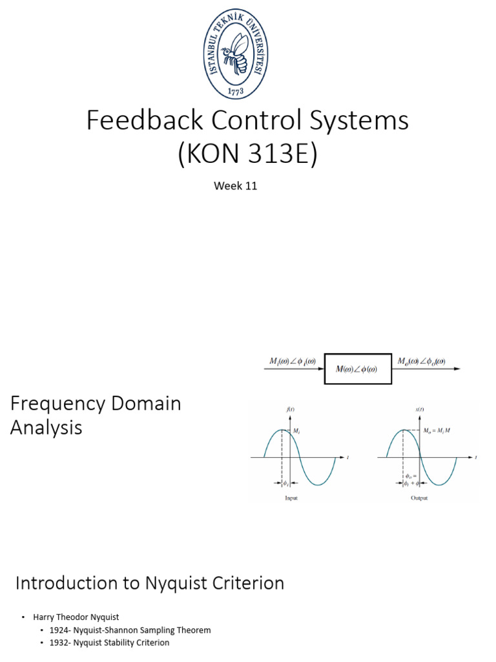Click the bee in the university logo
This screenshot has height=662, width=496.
point(236,52)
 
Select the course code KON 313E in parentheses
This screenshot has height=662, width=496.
point(248,155)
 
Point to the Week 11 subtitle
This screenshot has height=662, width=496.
point(236,186)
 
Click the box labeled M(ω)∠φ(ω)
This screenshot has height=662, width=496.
point(358,369)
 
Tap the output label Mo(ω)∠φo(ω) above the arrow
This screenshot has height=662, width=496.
point(420,361)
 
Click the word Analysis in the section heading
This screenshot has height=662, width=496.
point(46,427)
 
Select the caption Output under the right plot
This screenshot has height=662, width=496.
point(419,498)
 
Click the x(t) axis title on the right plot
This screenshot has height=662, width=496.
point(418,410)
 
